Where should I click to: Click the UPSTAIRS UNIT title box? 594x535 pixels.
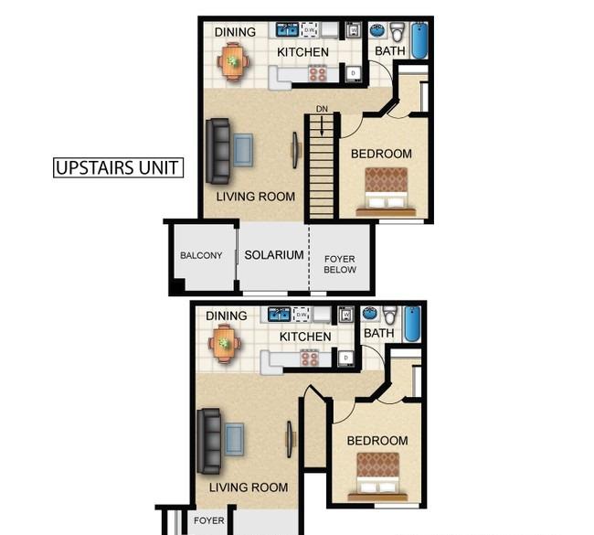tap(118, 167)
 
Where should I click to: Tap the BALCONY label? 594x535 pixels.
tap(201, 255)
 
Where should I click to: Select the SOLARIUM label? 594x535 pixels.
tap(274, 255)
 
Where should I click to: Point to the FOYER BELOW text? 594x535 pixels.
tap(340, 264)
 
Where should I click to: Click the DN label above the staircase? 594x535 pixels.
tap(322, 109)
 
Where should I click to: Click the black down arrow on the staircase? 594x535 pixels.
tap(322, 126)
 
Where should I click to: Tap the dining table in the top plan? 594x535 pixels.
tap(233, 61)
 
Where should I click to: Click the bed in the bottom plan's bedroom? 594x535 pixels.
tap(377, 476)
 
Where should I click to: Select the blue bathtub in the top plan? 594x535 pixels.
tap(419, 40)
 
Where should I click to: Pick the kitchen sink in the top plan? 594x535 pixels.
tap(287, 29)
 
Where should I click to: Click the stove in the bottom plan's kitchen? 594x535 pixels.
tap(310, 358)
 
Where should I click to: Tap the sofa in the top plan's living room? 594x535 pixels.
tap(218, 151)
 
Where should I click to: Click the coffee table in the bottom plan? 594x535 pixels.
tap(235, 440)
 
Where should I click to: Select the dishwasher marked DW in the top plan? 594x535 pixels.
tap(310, 29)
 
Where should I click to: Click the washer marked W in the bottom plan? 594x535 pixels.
tap(345, 315)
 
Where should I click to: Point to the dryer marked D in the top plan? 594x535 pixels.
tap(353, 73)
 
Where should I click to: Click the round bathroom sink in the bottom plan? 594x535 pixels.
tap(371, 314)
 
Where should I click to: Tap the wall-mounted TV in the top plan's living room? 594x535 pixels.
tap(295, 150)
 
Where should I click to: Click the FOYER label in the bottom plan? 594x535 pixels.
tap(208, 520)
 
